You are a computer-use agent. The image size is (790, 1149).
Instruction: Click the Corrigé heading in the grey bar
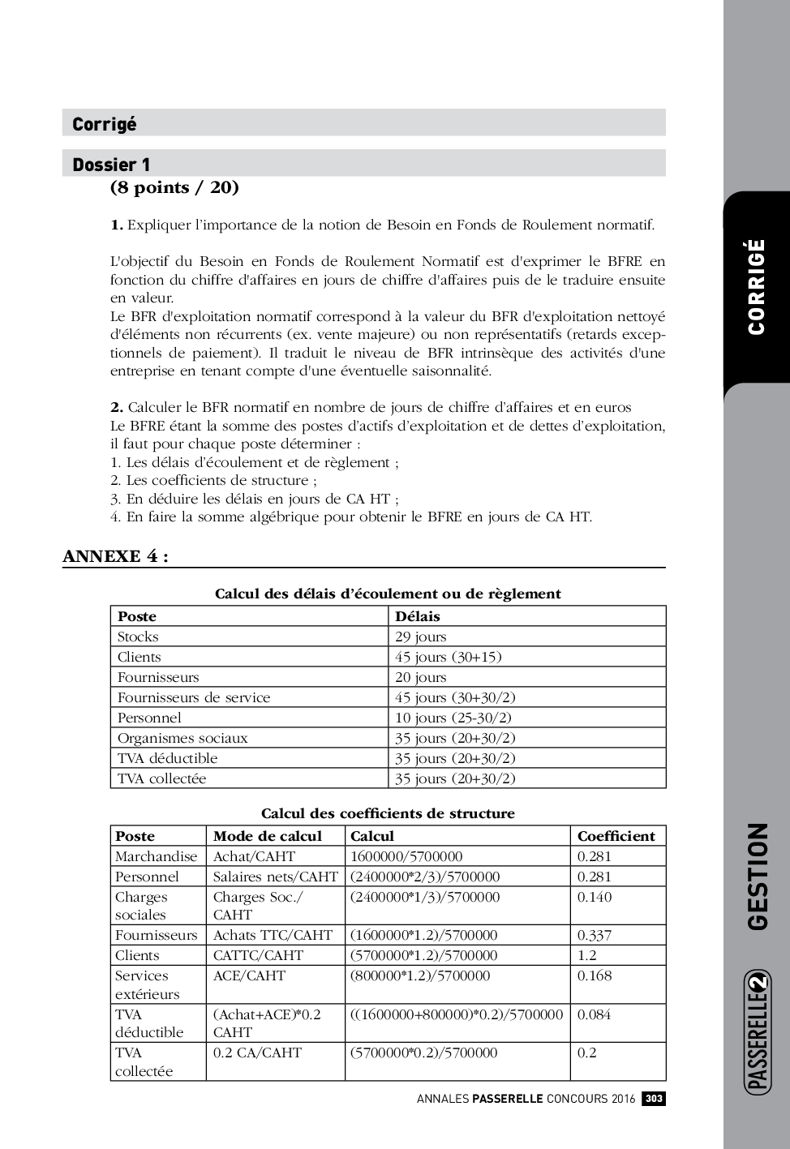(105, 124)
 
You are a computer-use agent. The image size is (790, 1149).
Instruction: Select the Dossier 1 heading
(111, 165)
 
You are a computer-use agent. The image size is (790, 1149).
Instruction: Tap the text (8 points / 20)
(174, 188)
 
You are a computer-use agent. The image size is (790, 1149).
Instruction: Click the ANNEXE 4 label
(115, 556)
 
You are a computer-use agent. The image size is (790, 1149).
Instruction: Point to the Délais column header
(418, 616)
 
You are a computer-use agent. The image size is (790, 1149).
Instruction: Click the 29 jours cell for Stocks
(421, 637)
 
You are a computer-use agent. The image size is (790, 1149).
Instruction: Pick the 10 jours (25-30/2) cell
(453, 718)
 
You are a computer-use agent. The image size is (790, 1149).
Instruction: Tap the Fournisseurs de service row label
(194, 697)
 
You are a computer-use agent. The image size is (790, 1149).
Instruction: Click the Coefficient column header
(616, 836)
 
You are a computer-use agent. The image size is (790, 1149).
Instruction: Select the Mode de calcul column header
(268, 836)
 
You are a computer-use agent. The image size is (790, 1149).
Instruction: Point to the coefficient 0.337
(595, 935)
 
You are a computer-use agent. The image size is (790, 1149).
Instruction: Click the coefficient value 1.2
(587, 955)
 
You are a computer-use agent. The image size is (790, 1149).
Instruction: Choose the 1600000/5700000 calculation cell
(406, 856)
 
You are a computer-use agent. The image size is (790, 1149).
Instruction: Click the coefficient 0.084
(595, 1014)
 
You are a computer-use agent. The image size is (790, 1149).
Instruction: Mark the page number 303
(654, 1099)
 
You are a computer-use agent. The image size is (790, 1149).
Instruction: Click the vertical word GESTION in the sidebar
(758, 877)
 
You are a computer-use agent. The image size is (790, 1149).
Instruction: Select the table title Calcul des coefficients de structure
(388, 813)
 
